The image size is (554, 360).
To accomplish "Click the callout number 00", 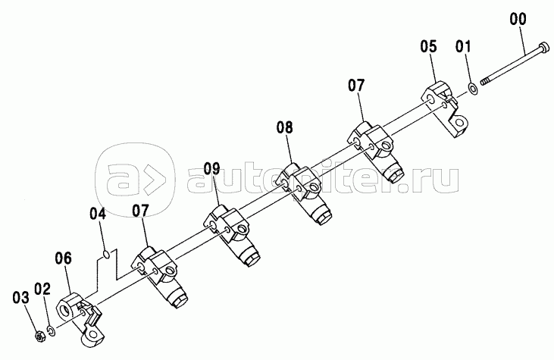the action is coord(518,19).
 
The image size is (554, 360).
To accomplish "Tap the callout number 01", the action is coord(463,46).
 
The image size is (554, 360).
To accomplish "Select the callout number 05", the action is coord(428,46).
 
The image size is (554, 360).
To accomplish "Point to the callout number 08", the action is coord(285,127).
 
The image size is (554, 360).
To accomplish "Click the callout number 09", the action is coord(211,168).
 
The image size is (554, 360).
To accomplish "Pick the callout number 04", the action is coord(98,214).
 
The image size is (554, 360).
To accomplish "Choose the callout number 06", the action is coord(63,258).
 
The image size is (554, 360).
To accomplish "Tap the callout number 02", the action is coord(42,289).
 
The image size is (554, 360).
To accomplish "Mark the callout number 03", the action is coord(21,297).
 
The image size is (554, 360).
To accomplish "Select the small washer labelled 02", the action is coord(52,331).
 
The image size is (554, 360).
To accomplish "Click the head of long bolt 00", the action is coord(543,47).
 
